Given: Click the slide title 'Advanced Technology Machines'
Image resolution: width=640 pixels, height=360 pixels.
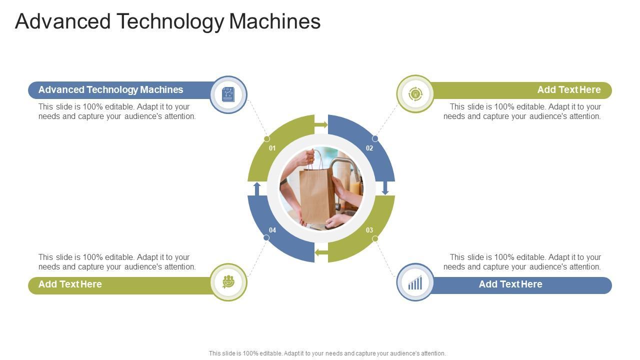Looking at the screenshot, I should tap(168, 21).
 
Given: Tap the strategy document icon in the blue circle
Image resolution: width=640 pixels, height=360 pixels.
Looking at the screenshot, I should tap(228, 94).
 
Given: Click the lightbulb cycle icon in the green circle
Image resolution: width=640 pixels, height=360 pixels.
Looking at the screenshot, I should tap(415, 94).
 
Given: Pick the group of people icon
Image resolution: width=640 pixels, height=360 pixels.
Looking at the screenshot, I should tap(228, 282).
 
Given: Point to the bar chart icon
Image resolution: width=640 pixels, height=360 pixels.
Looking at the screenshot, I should tap(415, 283).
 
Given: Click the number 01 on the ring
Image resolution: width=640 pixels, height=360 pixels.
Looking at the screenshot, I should tap(272, 148).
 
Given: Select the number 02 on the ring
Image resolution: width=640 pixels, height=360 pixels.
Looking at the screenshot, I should tap(369, 148).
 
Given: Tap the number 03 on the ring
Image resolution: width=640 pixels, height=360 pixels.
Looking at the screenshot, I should tap(369, 230).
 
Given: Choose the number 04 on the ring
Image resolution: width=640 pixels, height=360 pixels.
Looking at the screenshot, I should tap(272, 230).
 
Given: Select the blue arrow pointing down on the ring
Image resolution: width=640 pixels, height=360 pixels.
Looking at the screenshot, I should tap(385, 188).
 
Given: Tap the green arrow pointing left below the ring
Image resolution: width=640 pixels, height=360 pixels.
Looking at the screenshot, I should tap(321, 253).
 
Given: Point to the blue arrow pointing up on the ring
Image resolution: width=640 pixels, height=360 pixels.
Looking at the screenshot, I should tap(257, 189).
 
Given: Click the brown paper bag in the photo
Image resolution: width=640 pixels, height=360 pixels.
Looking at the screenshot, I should tap(316, 195).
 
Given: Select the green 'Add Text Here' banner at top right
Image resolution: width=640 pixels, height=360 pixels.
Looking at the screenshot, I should tap(520, 90).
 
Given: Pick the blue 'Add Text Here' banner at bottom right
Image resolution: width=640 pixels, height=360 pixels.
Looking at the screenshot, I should tap(520, 285).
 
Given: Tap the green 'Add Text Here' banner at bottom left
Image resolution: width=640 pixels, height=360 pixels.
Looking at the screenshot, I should tap(120, 285).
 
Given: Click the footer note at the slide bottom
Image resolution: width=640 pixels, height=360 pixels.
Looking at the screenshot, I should tap(327, 353).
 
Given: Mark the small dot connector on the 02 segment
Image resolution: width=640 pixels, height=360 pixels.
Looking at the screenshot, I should tap(375, 138).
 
